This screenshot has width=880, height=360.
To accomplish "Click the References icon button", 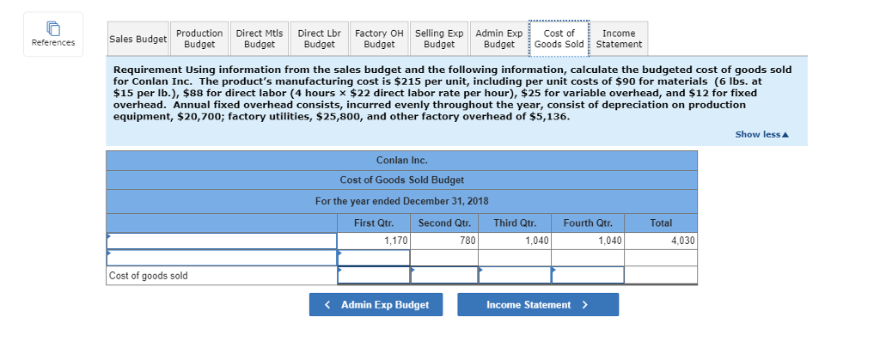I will click(53, 34).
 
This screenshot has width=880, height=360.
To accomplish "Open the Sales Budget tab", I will click(137, 39).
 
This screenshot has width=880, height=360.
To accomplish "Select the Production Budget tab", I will click(199, 39).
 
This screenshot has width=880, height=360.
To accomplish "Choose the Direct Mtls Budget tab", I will click(260, 39).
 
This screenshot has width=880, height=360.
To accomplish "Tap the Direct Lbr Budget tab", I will click(319, 39).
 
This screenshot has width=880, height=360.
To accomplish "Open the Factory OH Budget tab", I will click(379, 39).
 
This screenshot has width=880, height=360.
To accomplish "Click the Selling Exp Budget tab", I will click(439, 39).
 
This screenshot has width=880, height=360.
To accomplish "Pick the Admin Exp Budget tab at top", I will click(498, 39).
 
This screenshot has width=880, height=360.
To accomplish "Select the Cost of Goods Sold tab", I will click(559, 39).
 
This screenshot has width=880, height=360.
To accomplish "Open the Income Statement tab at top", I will click(619, 39).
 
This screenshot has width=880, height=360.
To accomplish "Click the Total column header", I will click(661, 223).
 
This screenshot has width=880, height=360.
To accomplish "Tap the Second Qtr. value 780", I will click(444, 241).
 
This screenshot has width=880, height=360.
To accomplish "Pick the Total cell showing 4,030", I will click(661, 241).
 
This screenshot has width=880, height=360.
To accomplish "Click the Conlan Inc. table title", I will click(401, 161).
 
